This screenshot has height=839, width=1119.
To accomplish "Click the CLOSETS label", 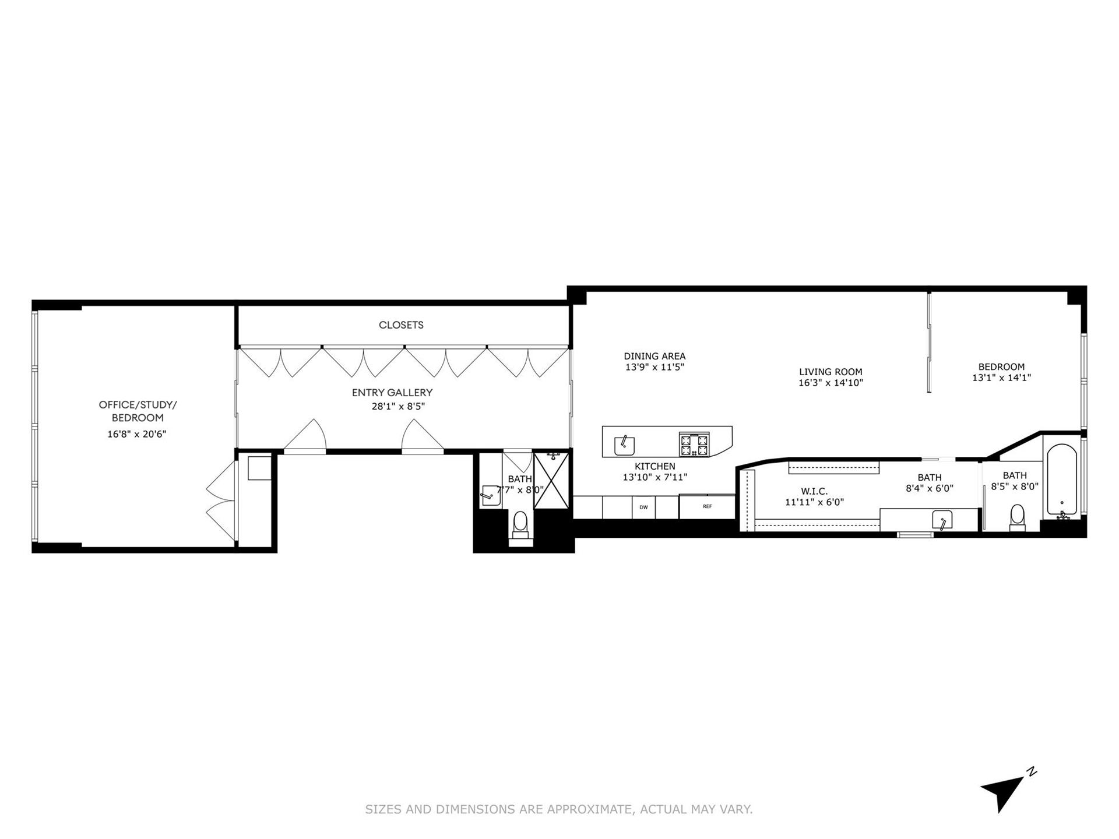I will [401, 325].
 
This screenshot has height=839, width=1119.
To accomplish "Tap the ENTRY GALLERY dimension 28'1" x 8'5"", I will [398, 407].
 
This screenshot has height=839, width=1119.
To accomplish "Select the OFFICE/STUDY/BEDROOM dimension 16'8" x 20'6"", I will [137, 434].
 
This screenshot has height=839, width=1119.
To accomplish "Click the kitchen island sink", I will [624, 446].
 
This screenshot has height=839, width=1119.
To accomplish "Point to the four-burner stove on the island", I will [695, 445].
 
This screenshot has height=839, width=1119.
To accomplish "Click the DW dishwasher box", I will [643, 507].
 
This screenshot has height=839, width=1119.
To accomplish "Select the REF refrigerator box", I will [707, 507].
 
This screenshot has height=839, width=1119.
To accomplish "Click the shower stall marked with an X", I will [551, 481].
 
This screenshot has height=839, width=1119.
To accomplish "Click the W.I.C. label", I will [814, 492].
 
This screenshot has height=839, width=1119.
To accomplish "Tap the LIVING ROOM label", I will [831, 372].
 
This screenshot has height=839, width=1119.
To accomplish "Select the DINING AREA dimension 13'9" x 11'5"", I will [654, 368].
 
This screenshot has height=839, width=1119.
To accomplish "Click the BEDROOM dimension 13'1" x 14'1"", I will [1001, 378].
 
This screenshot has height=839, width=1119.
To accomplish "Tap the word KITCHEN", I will [655, 467].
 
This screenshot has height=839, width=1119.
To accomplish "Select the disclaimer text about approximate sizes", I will [559, 809].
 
